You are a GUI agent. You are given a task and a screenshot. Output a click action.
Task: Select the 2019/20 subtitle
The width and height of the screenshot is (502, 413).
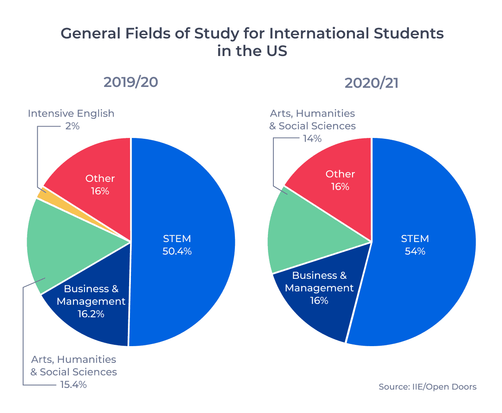[131, 82]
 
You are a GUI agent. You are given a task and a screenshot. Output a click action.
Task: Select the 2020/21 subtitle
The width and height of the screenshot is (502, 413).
[371, 83]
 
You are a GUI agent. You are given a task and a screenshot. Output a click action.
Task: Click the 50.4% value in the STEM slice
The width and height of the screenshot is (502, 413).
[177, 252]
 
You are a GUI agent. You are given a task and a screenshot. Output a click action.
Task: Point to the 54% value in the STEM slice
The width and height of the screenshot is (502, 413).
[415, 252]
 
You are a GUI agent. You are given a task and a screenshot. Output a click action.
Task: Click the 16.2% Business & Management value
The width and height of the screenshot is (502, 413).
[91, 314]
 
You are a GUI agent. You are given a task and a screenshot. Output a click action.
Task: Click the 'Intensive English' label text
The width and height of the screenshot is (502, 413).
[71, 113]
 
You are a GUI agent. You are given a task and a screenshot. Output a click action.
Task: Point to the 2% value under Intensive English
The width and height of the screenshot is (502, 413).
[72, 126]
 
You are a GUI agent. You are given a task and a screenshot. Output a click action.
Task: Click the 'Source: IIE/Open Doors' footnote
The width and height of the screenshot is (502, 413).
[427, 387]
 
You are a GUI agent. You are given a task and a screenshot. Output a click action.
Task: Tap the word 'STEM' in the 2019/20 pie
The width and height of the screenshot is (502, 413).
[177, 239]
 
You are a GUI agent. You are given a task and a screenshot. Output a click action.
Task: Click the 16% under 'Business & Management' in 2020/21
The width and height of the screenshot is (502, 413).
[319, 301]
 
